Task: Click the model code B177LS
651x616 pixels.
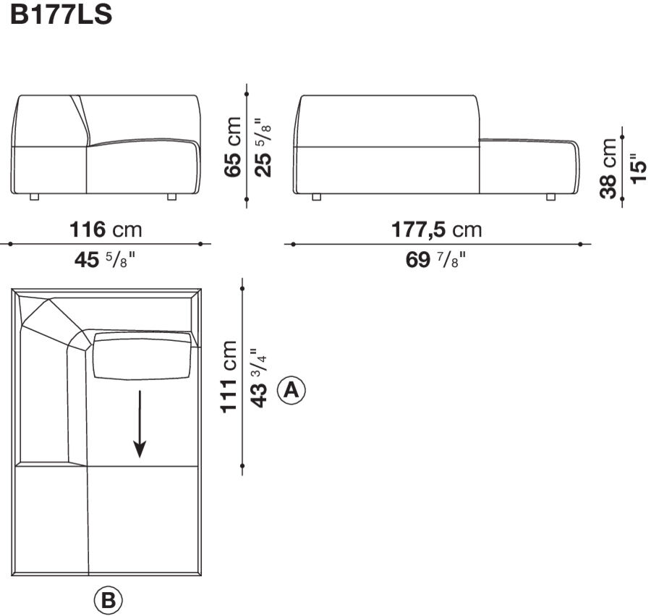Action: (61, 15)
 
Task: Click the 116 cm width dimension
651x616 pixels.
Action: (106, 230)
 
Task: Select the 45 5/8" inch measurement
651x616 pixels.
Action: (106, 259)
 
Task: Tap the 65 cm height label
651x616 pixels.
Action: (233, 146)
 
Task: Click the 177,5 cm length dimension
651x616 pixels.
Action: (436, 230)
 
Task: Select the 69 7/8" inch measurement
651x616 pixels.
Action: (436, 259)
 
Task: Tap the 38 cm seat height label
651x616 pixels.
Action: (609, 168)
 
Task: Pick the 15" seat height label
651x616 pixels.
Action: (638, 168)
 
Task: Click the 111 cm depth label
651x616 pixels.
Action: (230, 376)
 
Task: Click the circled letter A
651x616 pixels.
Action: (292, 390)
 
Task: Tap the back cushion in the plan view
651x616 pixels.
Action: (142, 355)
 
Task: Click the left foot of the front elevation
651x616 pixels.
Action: (33, 197)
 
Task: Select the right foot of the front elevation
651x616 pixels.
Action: (171, 197)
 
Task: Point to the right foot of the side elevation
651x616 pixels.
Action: (551, 197)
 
